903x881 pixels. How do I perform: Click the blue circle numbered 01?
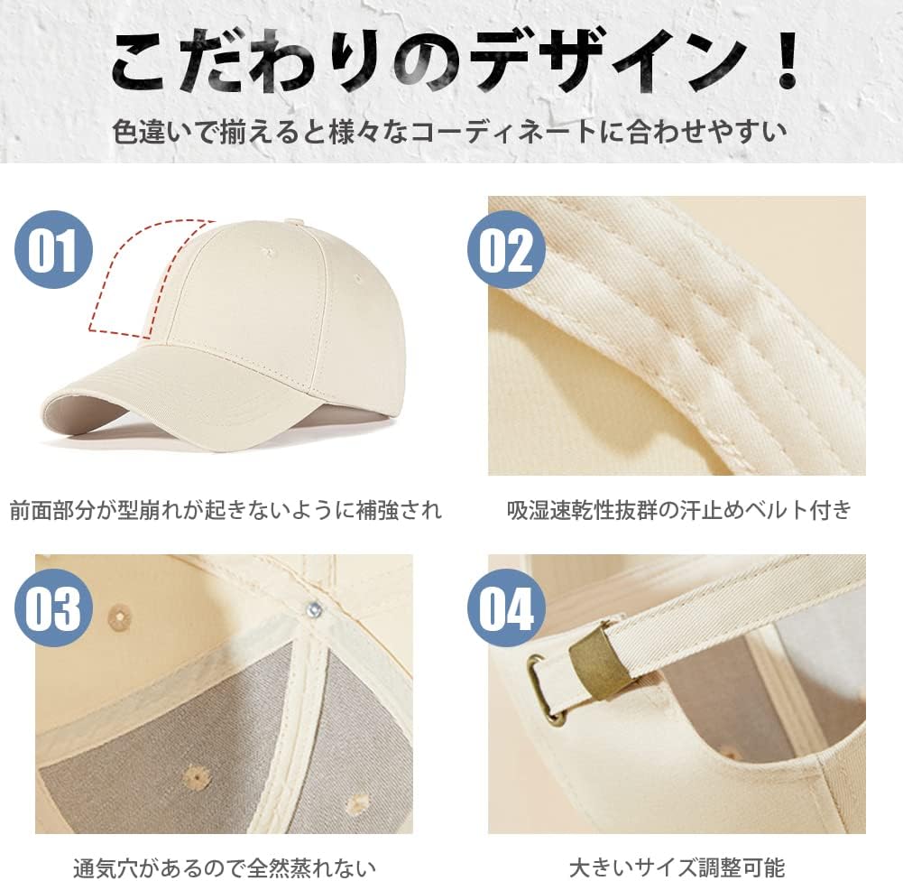[53, 249]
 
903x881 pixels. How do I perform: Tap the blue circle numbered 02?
[506, 249]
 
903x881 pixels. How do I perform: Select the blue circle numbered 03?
[53, 607]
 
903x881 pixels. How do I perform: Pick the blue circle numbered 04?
[506, 607]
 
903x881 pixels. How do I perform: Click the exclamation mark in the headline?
[783, 60]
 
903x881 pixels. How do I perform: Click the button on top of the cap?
[295, 221]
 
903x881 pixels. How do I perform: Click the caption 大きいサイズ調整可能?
[677, 867]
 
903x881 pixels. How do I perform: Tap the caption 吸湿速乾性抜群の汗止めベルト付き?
[678, 510]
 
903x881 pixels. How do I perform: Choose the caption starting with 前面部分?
[226, 511]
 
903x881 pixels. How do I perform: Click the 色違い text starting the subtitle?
[152, 133]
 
